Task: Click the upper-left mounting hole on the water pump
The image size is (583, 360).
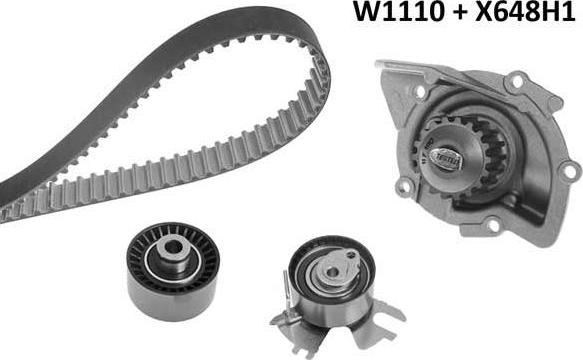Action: coord(386,70)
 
